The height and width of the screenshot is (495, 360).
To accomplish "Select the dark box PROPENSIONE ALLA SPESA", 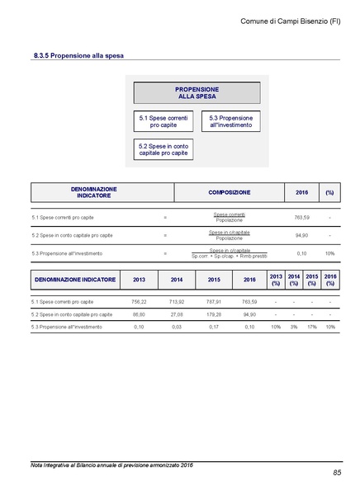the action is coord(197,92).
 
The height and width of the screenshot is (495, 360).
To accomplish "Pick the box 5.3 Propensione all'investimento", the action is coord(230,122).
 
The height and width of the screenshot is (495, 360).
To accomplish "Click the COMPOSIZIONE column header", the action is coord(230,192).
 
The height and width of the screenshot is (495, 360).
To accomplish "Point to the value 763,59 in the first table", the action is coord(301,217).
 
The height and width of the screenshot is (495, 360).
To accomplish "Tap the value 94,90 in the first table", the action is coord(301,235).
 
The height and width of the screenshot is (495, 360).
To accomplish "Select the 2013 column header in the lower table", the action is coord(139,280).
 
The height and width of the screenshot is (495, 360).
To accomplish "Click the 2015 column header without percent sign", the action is coord(214,280).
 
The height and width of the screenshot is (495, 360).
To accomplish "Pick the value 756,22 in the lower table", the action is coord(139,302).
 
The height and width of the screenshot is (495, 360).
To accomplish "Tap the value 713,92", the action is coord(176,302).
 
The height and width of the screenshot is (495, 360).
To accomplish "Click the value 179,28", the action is coord(214,314).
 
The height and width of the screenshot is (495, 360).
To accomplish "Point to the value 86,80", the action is coord(139,314).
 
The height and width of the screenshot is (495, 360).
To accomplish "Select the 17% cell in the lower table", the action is coord(311,328).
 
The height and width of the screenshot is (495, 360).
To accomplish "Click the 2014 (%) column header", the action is coord(293,280).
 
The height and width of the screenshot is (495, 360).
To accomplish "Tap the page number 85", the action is coord(337,472).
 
